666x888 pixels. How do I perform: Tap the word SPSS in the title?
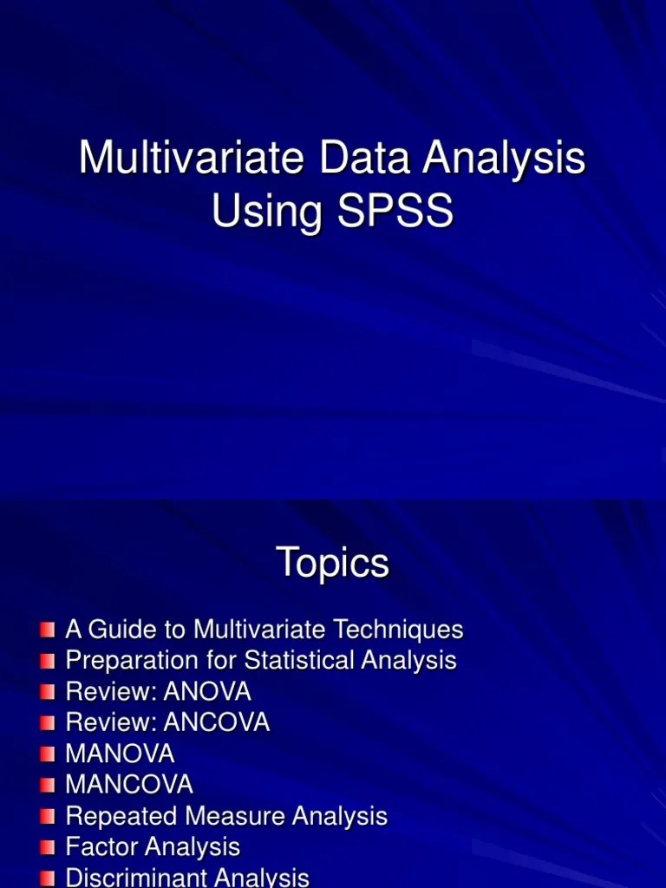click(396, 211)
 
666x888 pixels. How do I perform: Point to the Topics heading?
click(332, 565)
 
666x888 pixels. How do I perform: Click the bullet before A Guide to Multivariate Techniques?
click(48, 630)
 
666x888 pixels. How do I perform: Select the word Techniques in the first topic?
click(397, 630)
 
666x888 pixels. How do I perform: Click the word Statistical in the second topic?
click(301, 661)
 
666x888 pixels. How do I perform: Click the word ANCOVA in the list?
click(216, 723)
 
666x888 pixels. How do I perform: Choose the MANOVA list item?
click(120, 754)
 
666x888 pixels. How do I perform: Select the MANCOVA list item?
click(129, 786)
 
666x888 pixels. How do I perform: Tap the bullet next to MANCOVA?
click(48, 786)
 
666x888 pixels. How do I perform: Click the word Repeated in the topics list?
click(119, 817)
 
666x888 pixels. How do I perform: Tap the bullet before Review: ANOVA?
click(48, 692)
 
